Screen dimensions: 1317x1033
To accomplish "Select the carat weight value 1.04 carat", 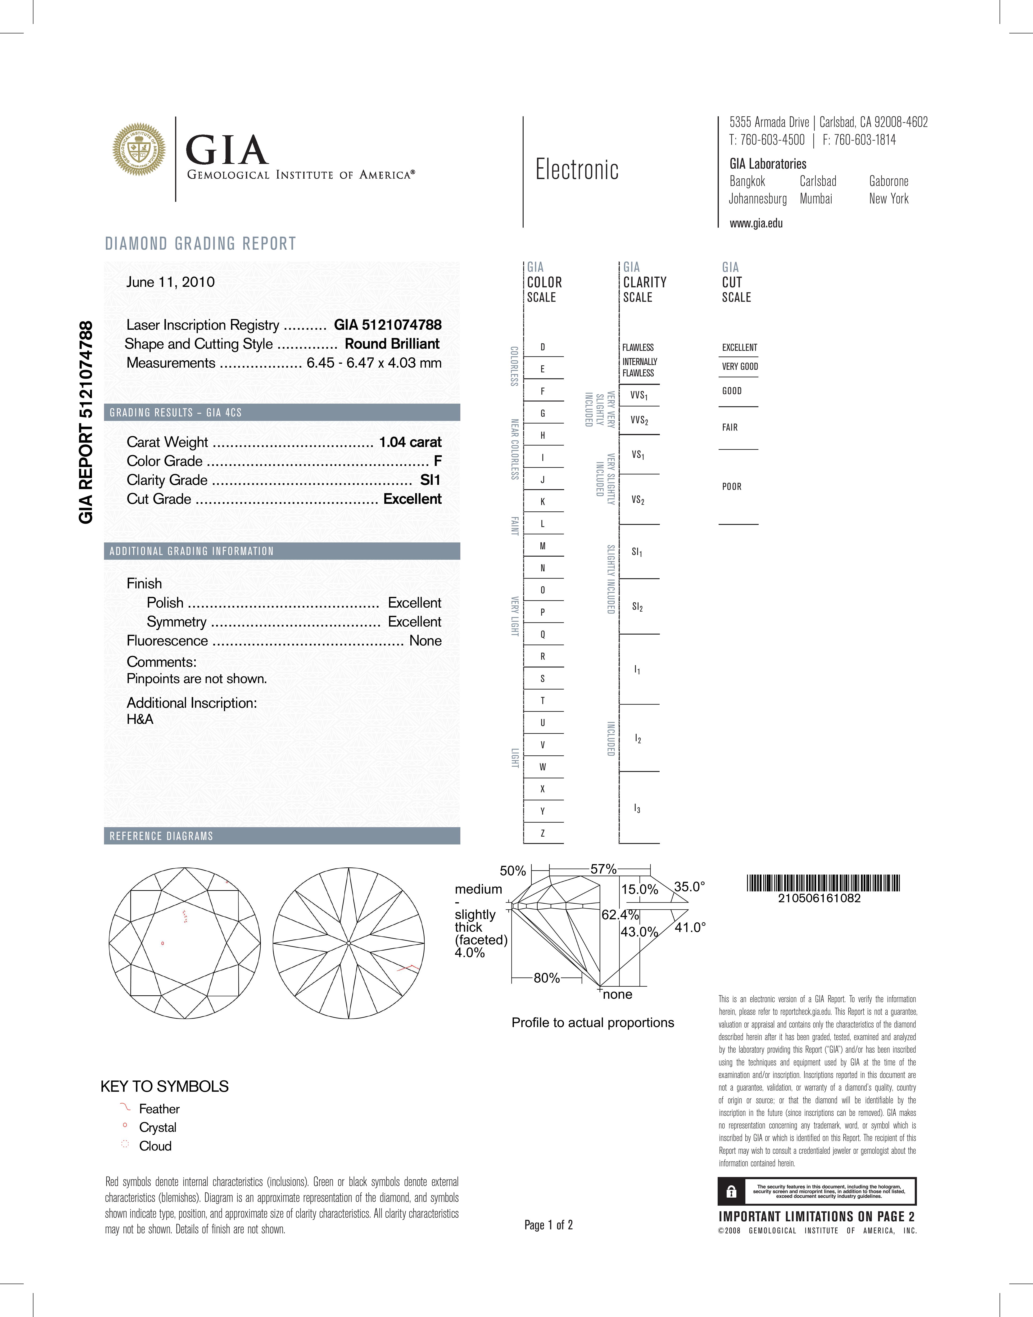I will [x=410, y=442].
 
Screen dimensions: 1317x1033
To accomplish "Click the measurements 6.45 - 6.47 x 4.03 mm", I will [x=374, y=363].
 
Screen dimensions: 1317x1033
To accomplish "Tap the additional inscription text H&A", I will [x=140, y=719].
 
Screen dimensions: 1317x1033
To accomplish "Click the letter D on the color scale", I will [x=543, y=347].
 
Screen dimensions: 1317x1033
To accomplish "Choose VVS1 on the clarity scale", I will [x=639, y=396].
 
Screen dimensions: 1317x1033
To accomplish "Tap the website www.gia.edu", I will [x=756, y=223].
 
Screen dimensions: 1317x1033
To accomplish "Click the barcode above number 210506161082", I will [x=823, y=884].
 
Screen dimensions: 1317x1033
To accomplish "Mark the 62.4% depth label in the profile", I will [x=619, y=914].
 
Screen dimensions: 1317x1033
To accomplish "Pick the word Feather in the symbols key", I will [x=159, y=1108].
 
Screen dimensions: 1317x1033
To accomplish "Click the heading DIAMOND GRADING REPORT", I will [x=201, y=244].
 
